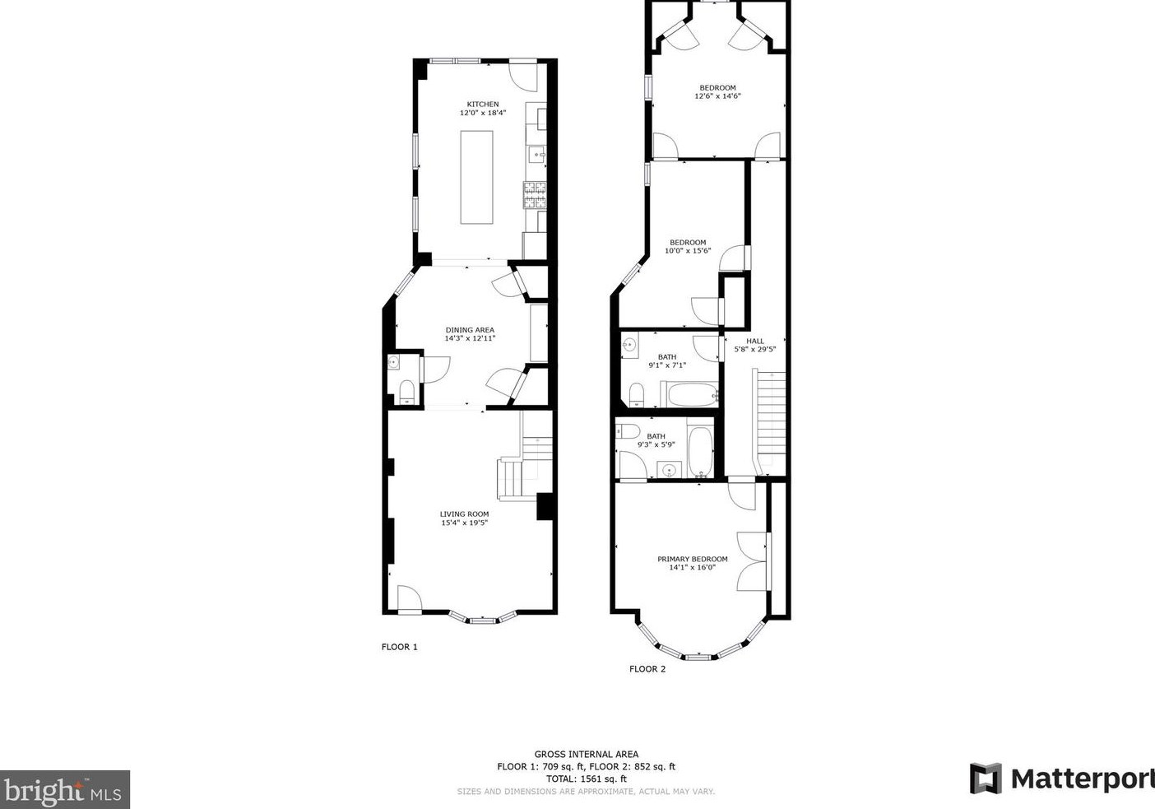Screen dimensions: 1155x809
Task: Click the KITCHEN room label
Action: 483,105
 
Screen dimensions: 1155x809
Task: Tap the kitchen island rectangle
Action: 476,177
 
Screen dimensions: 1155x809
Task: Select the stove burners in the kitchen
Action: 536,195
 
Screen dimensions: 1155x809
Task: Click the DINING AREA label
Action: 470,330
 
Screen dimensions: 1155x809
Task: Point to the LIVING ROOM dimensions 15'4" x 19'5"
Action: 464,523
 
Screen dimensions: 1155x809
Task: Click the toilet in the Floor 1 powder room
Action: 407,393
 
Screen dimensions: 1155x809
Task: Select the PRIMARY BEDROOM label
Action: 693,560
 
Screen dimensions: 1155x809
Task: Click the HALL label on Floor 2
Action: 755,341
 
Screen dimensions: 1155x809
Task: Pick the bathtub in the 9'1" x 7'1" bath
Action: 689,395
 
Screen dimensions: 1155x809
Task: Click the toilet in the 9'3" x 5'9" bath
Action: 628,430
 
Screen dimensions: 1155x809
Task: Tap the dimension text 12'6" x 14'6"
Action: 717,96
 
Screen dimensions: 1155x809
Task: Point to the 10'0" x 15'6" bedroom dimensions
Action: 688,251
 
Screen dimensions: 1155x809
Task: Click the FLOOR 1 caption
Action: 399,647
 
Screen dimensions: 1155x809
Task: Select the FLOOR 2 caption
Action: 647,669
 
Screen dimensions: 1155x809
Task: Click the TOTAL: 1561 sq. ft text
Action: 587,779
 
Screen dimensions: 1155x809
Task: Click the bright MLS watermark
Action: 64,790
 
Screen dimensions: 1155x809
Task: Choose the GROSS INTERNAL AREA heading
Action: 587,755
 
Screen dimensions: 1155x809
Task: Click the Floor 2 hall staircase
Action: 769,421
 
